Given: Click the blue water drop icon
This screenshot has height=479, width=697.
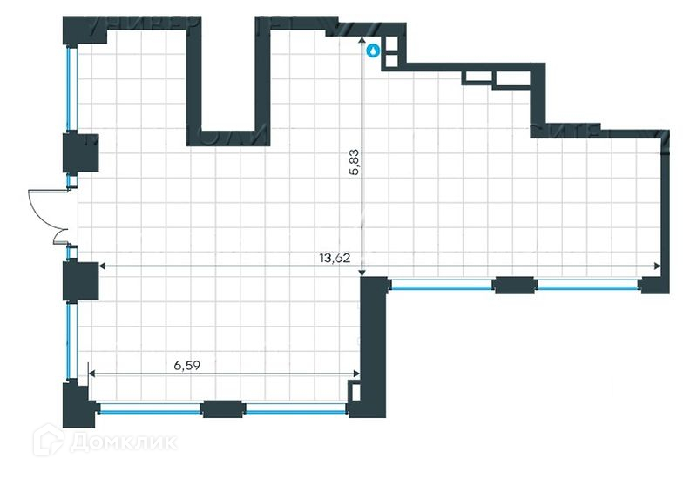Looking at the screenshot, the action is tap(373, 51).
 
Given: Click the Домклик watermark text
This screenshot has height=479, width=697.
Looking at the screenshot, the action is tap(122, 442).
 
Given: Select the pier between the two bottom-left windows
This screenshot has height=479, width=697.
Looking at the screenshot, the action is tap(222, 407).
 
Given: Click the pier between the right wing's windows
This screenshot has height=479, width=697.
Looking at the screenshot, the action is tap(514, 284).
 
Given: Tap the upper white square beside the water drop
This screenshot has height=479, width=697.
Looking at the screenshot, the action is tap(391, 44).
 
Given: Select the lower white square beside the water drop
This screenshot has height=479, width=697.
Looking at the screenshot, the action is tap(391, 61).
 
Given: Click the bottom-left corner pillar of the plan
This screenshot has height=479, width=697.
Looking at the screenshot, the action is tap(76, 404).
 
